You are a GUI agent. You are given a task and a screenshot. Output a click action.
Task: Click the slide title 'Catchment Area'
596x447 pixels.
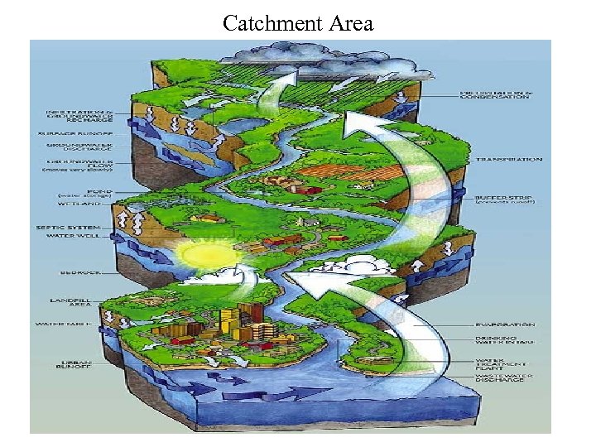coord(298,23)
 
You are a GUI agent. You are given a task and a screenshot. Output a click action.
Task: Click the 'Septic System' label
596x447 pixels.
coord(66,227)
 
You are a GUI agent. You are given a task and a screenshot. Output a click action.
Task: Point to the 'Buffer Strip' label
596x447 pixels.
coord(504,199)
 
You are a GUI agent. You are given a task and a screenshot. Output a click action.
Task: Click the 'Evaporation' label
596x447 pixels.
coord(504,324)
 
